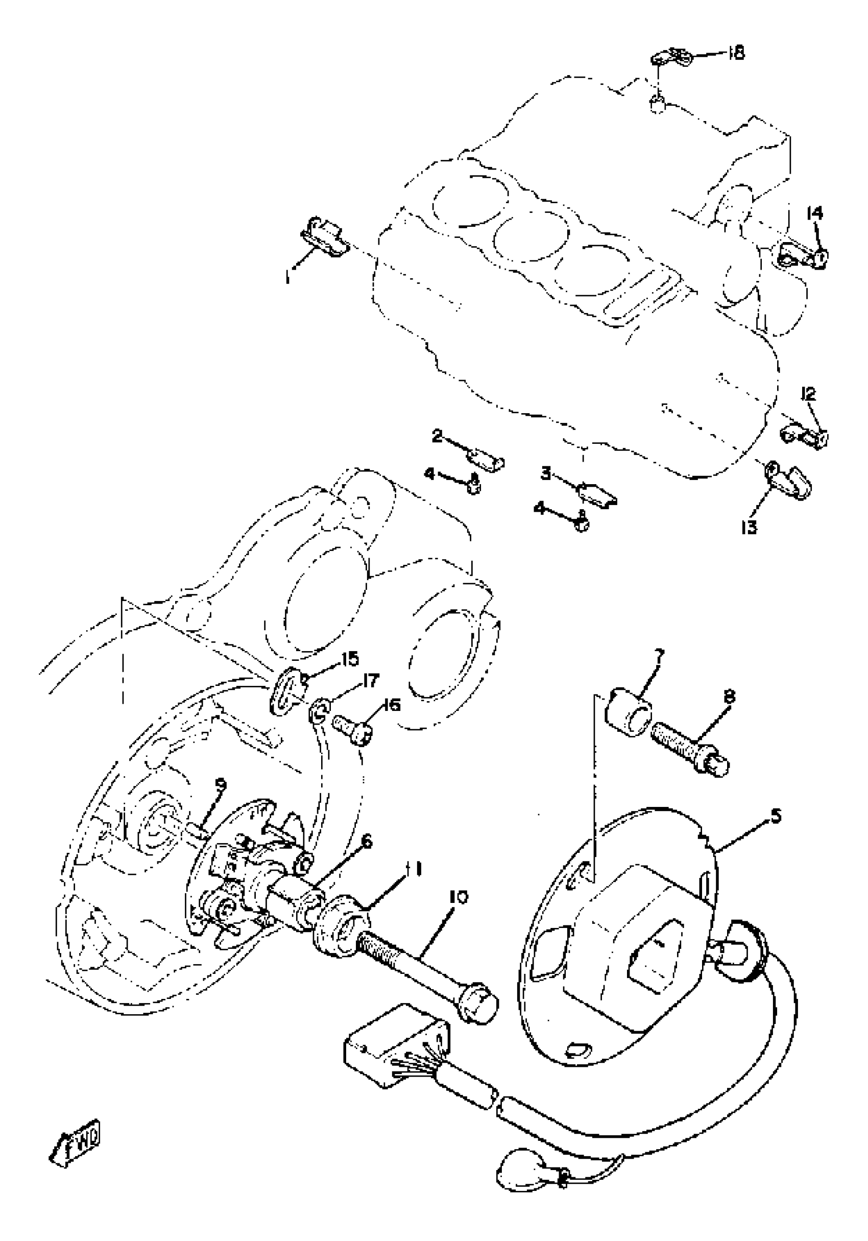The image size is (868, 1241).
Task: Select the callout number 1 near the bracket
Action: pyautogui.click(x=287, y=278)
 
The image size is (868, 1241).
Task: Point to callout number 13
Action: pyautogui.click(x=750, y=526)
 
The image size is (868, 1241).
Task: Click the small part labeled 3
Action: pyautogui.click(x=597, y=494)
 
